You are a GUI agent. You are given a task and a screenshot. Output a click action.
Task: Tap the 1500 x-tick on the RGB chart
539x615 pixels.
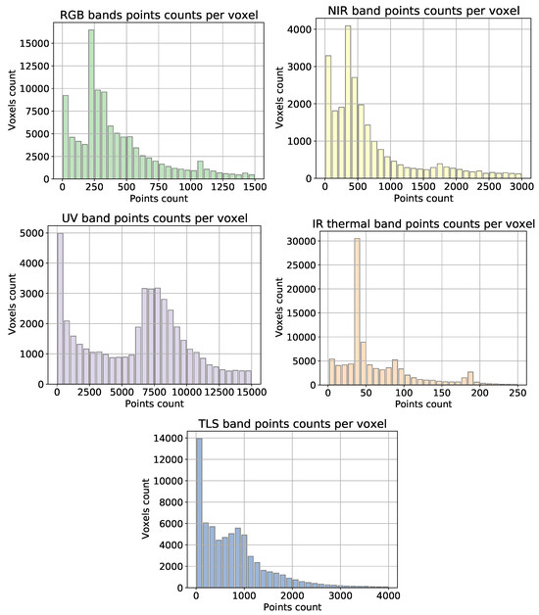tap(254, 188)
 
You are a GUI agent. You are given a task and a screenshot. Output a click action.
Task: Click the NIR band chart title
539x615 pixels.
tap(423, 12)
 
